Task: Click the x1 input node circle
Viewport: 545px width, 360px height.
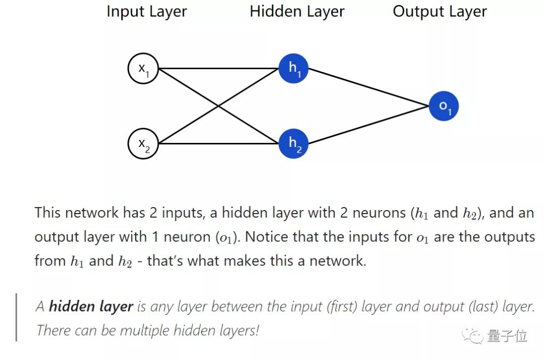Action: (143, 68)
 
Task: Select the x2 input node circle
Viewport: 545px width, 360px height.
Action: (143, 143)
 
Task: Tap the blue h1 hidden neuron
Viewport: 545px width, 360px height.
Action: (293, 68)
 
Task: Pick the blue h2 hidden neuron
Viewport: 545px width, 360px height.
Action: (293, 143)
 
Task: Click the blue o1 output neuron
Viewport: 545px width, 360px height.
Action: (444, 106)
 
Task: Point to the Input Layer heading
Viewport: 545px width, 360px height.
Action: (146, 12)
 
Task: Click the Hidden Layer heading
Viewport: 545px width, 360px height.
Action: (297, 12)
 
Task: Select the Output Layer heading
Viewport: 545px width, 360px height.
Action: (440, 12)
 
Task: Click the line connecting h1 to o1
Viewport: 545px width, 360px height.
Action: (368, 87)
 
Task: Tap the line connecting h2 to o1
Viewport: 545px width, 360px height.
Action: (368, 125)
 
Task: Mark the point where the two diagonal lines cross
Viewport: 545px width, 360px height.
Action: (219, 106)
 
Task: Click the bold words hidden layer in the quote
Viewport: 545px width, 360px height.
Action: (91, 306)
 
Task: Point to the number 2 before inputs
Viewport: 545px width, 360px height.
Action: (153, 213)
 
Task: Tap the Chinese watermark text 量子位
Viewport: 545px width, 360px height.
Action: (507, 335)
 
